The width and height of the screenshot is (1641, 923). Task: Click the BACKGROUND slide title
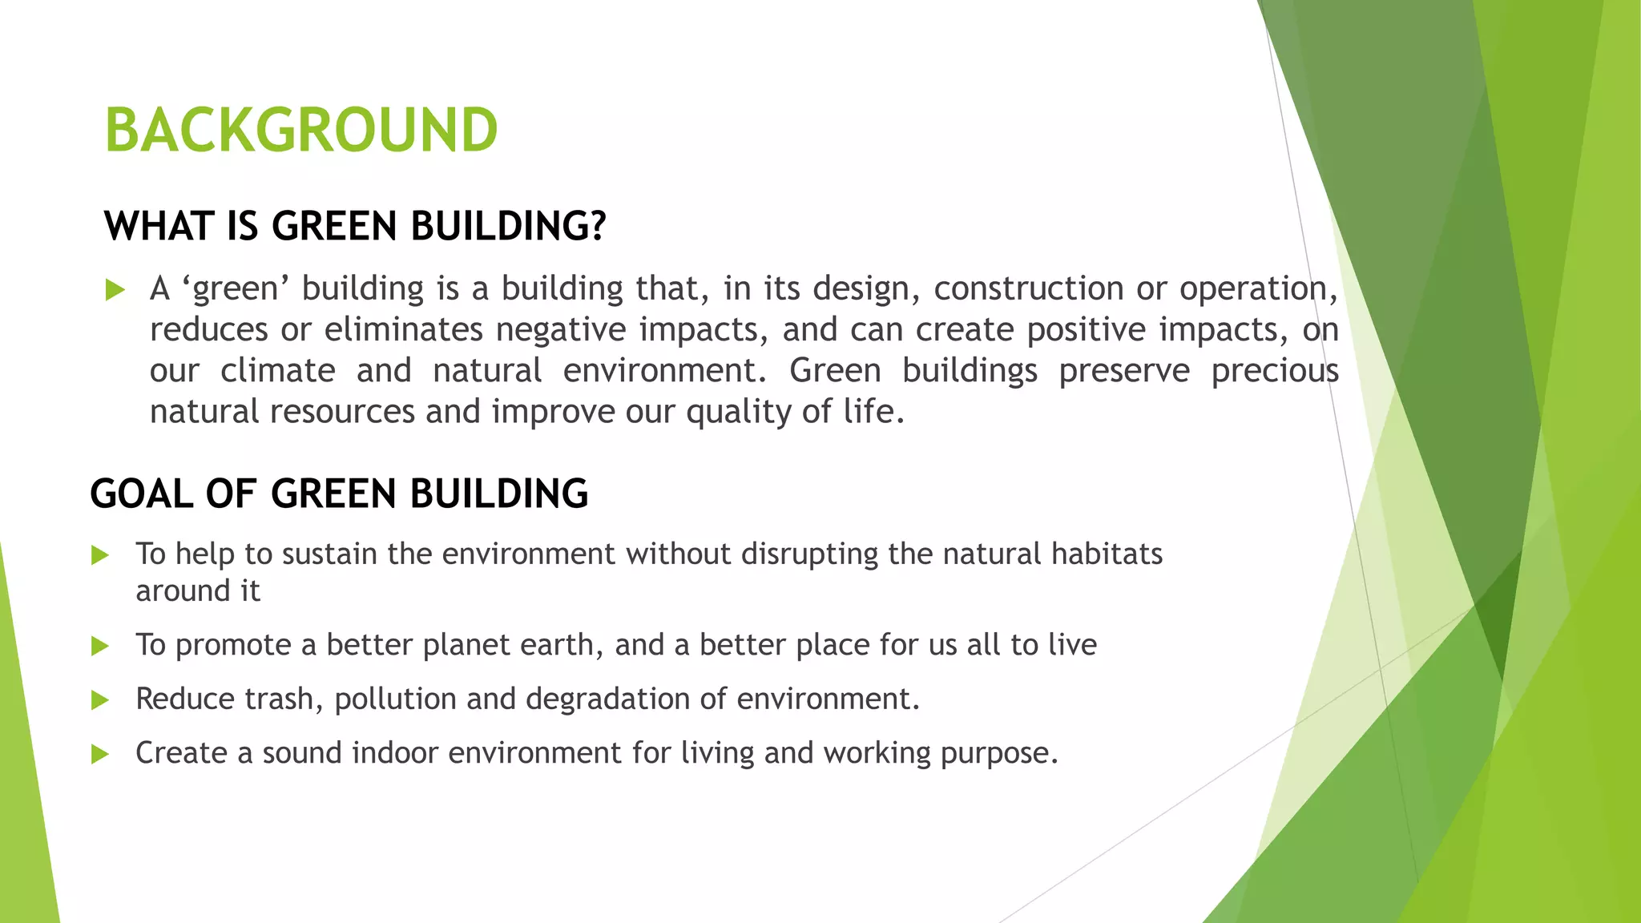coord(301,131)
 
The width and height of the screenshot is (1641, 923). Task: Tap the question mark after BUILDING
coord(597,227)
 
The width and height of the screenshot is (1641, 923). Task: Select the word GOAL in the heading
coord(141,494)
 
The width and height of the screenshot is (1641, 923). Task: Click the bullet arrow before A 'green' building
coord(115,290)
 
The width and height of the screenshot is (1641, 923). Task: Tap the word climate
coord(277,371)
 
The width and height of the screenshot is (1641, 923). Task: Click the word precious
coord(1274,371)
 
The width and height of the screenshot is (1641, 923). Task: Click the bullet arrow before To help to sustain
coord(100,555)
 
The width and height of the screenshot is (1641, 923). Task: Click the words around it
coord(197,591)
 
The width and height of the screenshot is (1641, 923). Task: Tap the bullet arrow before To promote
coord(100,646)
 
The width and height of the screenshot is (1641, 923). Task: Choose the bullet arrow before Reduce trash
coord(100,700)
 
